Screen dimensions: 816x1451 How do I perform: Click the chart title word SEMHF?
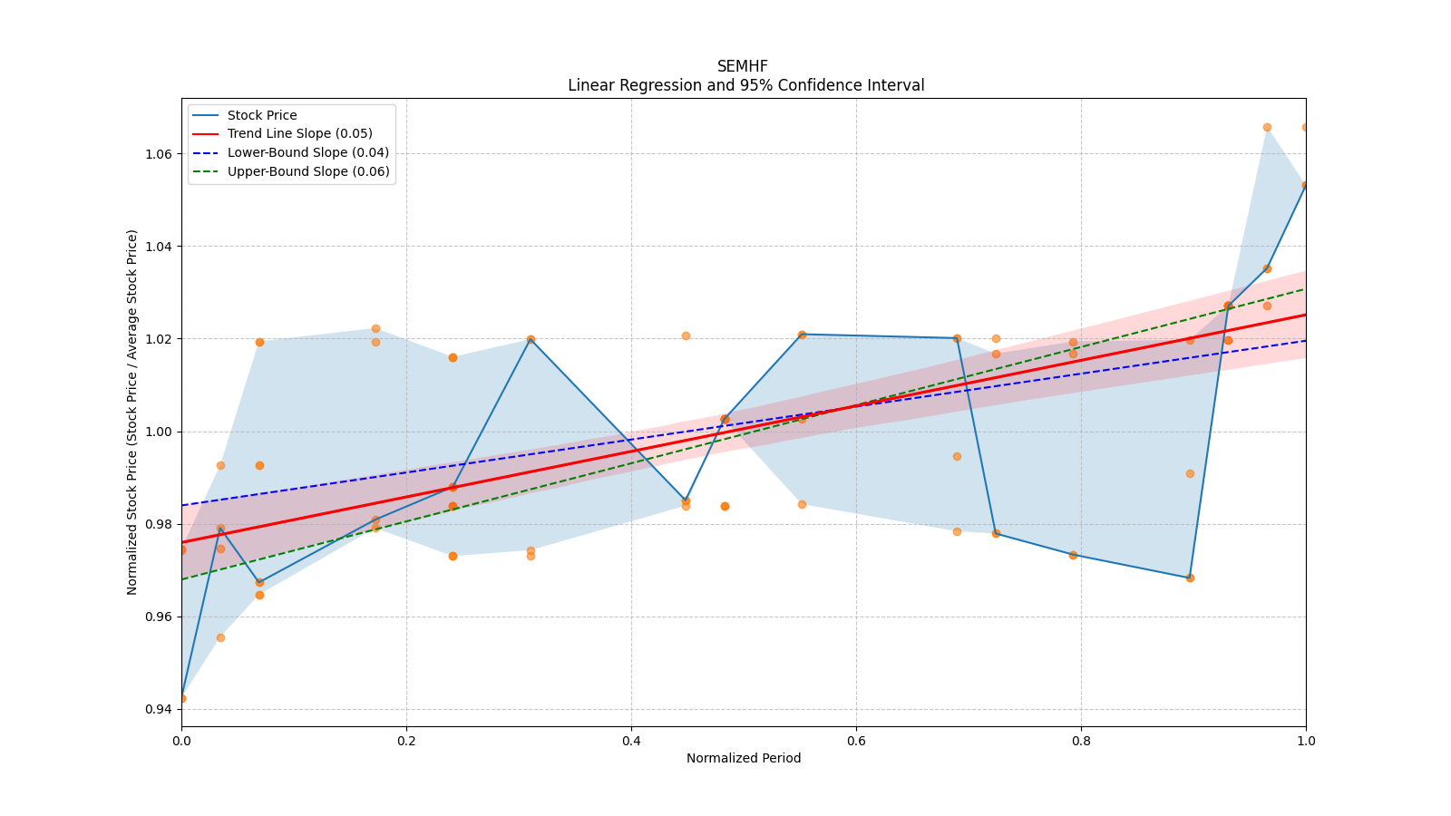[742, 66]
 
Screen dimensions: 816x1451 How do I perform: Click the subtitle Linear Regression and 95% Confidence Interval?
[745, 85]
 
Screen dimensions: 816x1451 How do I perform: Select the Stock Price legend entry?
[262, 115]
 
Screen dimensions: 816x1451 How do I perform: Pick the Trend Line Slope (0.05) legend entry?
[299, 134]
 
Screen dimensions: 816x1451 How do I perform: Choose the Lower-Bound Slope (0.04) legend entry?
[307, 153]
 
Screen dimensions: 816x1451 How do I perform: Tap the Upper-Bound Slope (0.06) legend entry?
[308, 172]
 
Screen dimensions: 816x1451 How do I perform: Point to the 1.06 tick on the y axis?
[159, 154]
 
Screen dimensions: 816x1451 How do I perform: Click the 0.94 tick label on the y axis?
[159, 709]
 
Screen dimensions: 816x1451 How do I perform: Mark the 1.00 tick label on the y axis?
[159, 432]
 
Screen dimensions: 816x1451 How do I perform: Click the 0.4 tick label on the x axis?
[631, 741]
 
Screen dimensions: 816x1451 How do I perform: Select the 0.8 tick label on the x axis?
[1081, 741]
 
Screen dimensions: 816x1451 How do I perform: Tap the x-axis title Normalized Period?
[744, 758]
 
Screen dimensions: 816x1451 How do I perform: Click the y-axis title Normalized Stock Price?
[132, 413]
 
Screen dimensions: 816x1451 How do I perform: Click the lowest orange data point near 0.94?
[181, 698]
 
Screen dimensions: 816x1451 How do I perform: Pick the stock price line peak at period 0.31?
[531, 339]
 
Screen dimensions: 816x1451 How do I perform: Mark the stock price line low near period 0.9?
[1190, 578]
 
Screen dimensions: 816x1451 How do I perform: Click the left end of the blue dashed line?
[182, 505]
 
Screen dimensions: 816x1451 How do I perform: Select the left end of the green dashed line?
[182, 579]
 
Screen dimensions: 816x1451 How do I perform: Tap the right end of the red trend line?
[1305, 315]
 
